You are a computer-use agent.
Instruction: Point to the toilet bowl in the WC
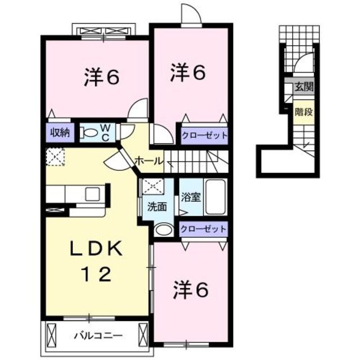pos(89,133)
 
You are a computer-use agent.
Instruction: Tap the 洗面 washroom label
pos(157,206)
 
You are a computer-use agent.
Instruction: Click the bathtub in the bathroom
pos(215,197)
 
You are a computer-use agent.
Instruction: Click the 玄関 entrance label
pos(303,88)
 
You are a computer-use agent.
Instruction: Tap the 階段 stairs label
pos(303,111)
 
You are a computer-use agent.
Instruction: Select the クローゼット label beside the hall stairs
pos(204,135)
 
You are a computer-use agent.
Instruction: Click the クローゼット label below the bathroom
pos(204,229)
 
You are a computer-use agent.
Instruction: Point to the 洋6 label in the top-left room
pos(102,78)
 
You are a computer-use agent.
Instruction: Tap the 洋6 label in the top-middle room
pos(188,72)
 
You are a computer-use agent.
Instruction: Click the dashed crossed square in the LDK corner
pos(55,156)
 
